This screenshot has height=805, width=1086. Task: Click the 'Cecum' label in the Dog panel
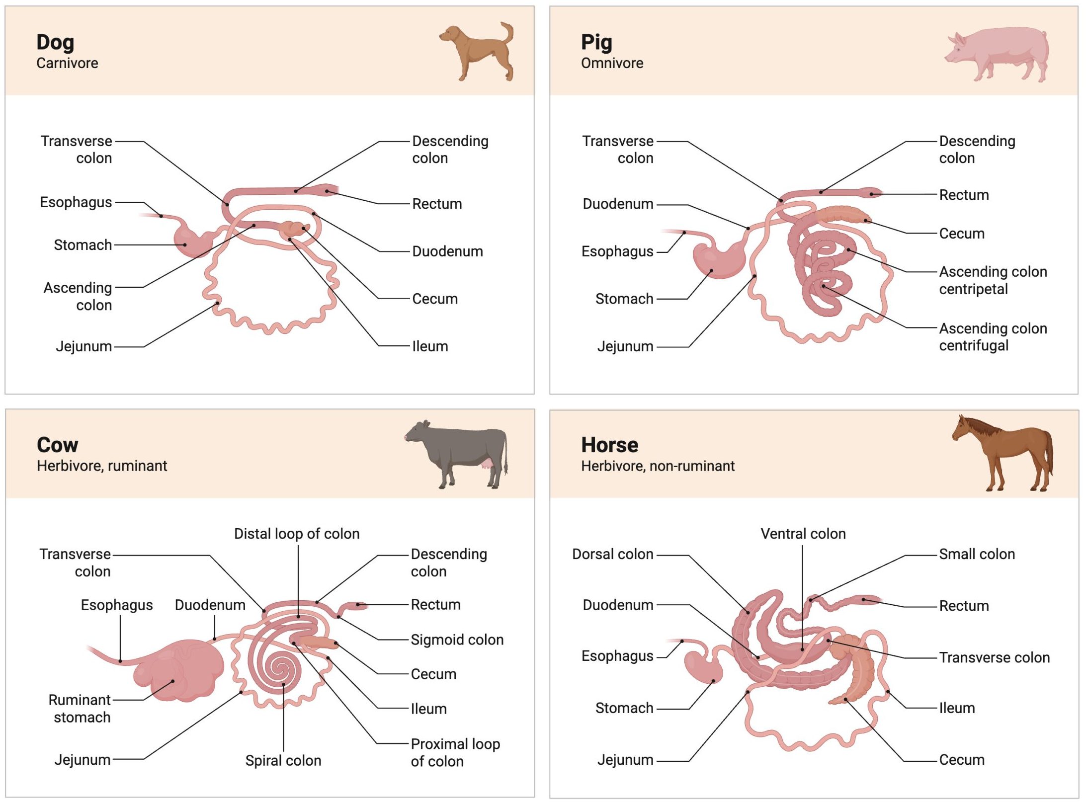coord(434,299)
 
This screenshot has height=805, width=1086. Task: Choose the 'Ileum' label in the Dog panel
coord(430,346)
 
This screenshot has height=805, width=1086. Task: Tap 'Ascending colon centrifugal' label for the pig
coord(993,337)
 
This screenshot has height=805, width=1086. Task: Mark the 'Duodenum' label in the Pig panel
coord(618,204)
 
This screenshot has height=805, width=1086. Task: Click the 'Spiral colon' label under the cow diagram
coord(283,760)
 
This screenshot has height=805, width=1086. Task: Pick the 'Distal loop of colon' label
coord(297,534)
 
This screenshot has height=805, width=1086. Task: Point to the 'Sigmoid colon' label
coord(457,640)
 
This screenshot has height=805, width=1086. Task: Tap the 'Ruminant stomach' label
coord(80,709)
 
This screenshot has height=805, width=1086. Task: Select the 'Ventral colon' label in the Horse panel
coord(803,534)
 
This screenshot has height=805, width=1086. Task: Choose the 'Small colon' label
coord(977,554)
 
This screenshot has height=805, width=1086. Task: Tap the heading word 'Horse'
coord(610,445)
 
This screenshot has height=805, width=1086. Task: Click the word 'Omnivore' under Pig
coord(612,63)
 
